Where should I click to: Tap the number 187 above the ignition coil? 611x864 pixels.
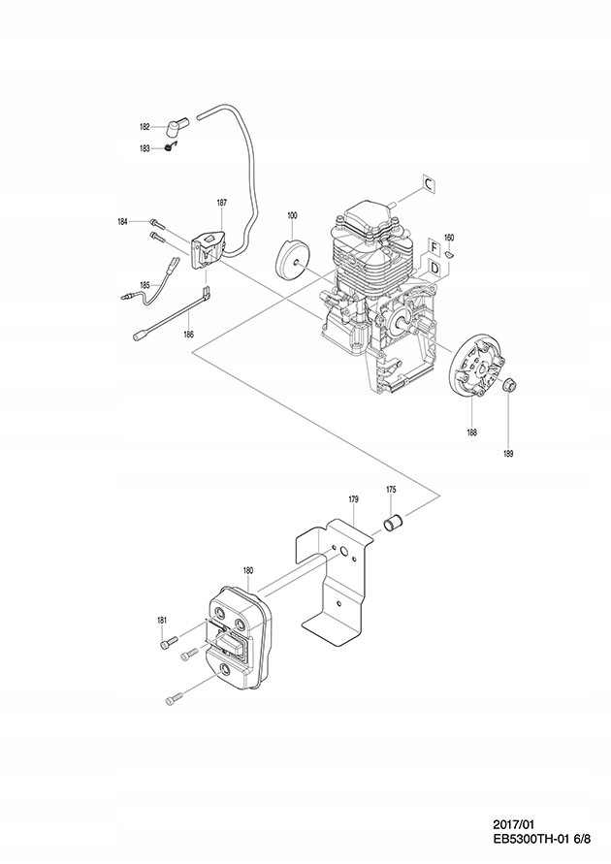tap(222, 203)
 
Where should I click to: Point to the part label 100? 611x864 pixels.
tap(291, 214)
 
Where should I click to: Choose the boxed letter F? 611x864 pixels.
tap(434, 246)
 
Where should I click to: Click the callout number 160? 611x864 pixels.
tap(448, 238)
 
